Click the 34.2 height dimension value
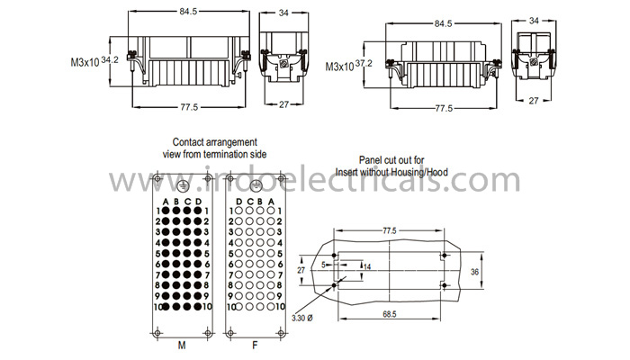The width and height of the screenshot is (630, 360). [x=110, y=60]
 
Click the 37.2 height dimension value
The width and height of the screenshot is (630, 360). [x=364, y=64]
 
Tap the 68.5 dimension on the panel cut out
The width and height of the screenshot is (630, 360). [x=390, y=314]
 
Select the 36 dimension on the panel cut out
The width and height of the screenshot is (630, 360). [x=474, y=272]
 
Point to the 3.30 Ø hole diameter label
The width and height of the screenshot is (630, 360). [x=302, y=318]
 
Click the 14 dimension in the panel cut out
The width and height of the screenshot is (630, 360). [x=367, y=266]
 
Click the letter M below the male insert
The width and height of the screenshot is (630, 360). [x=182, y=345]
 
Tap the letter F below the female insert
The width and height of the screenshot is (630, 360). [x=255, y=345]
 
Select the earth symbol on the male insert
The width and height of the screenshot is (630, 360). [x=183, y=185]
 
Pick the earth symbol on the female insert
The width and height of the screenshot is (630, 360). [x=256, y=185]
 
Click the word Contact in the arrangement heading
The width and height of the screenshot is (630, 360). [x=187, y=142]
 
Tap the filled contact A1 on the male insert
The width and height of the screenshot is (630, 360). [x=166, y=211]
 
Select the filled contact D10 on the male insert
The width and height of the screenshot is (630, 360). [x=197, y=307]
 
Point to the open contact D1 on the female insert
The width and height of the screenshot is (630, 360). [x=238, y=210]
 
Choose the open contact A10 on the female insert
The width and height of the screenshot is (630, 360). [x=271, y=307]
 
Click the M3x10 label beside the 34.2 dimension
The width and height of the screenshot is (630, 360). [x=85, y=63]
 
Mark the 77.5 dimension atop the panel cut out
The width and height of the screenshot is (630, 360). [x=390, y=230]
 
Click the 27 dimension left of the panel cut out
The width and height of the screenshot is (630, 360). [x=301, y=270]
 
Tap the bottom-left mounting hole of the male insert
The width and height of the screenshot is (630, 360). [x=157, y=333]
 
